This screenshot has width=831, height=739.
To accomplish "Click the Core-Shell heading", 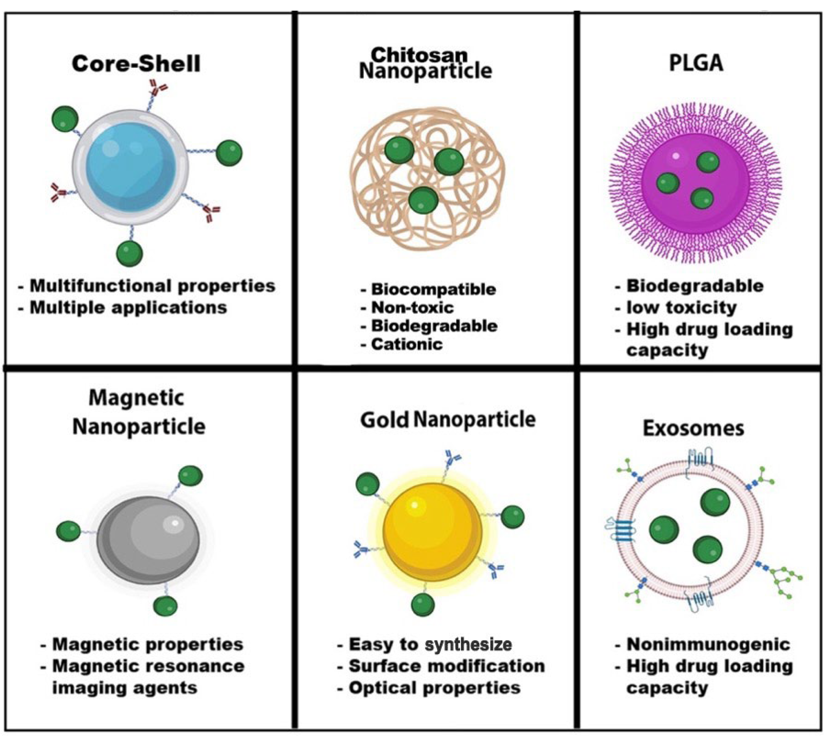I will click(136, 64).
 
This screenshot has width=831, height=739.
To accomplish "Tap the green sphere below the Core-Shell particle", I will click(129, 253).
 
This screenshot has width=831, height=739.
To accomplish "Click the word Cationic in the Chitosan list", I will click(407, 344).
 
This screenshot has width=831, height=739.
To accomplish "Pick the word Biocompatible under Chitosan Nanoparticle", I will click(433, 289).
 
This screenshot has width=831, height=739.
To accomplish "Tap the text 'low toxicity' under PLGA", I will click(681, 307).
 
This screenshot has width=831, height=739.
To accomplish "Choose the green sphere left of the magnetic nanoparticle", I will click(68, 531).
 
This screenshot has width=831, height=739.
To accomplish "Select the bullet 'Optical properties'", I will click(434, 688).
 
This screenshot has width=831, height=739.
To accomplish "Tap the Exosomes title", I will click(693, 428).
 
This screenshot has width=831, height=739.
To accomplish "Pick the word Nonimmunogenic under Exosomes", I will click(708, 644).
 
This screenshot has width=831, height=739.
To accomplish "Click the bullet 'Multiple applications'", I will click(128, 308).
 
